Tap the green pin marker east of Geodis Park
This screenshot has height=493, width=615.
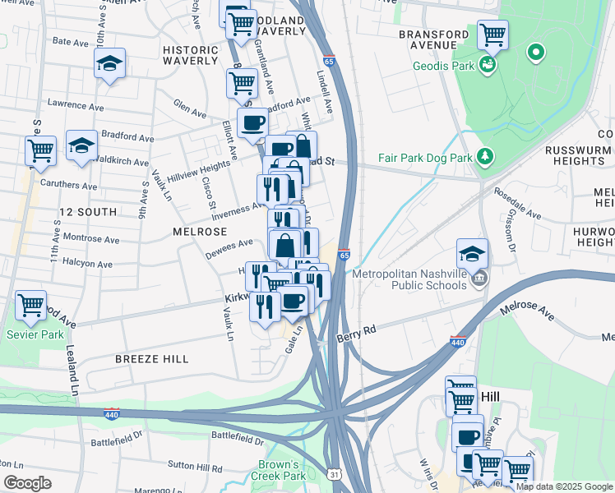point(536,53)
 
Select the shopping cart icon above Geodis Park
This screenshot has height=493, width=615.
point(492,35)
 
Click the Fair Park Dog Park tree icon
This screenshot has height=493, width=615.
point(486,155)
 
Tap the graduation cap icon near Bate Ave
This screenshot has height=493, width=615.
point(109,65)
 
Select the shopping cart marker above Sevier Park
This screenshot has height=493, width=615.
point(31,305)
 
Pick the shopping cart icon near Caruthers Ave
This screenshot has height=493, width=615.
point(40,151)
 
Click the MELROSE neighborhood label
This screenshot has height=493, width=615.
point(194,233)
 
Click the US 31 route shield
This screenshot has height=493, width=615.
point(333,475)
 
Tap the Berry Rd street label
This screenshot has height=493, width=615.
point(356,333)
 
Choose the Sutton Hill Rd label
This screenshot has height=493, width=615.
point(195,468)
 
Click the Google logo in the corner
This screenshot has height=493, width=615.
point(27,483)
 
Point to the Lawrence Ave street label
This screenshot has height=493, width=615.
point(76,106)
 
